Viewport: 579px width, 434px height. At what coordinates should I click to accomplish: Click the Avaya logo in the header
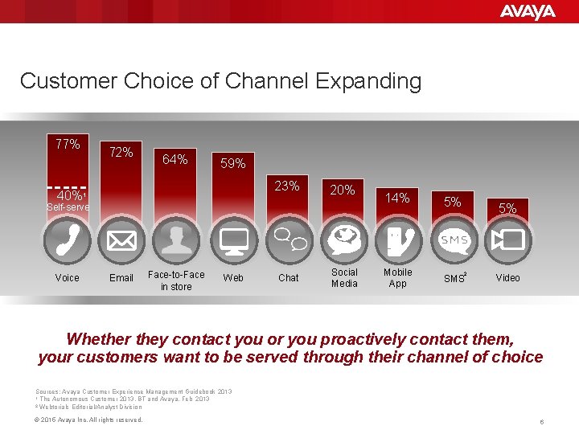[x=527, y=11]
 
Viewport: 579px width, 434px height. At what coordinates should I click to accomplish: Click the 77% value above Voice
[x=68, y=145]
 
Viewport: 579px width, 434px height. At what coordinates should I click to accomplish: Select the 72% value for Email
[x=121, y=152]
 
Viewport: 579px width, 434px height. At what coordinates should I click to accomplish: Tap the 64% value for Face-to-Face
[x=175, y=159]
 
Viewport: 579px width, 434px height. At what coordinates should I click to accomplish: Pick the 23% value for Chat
[x=286, y=186]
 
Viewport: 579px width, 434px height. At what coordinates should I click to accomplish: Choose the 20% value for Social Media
[x=343, y=190]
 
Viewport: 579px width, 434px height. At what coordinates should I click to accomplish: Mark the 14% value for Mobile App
[x=397, y=197]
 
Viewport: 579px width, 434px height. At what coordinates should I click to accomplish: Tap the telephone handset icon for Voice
[x=68, y=240]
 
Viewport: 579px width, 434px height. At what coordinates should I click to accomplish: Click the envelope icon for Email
[x=121, y=240]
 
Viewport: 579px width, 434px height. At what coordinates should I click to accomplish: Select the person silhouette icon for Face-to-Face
[x=175, y=240]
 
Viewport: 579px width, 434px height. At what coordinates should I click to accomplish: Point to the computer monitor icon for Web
[x=233, y=240]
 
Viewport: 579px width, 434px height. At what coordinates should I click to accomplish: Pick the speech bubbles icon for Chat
[x=288, y=240]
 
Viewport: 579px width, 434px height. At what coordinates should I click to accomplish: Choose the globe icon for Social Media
[x=344, y=240]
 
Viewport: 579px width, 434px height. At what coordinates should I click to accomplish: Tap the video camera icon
[x=508, y=240]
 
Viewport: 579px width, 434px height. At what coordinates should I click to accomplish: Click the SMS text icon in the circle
[x=453, y=240]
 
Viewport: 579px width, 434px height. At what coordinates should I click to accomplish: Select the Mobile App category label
[x=397, y=277]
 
